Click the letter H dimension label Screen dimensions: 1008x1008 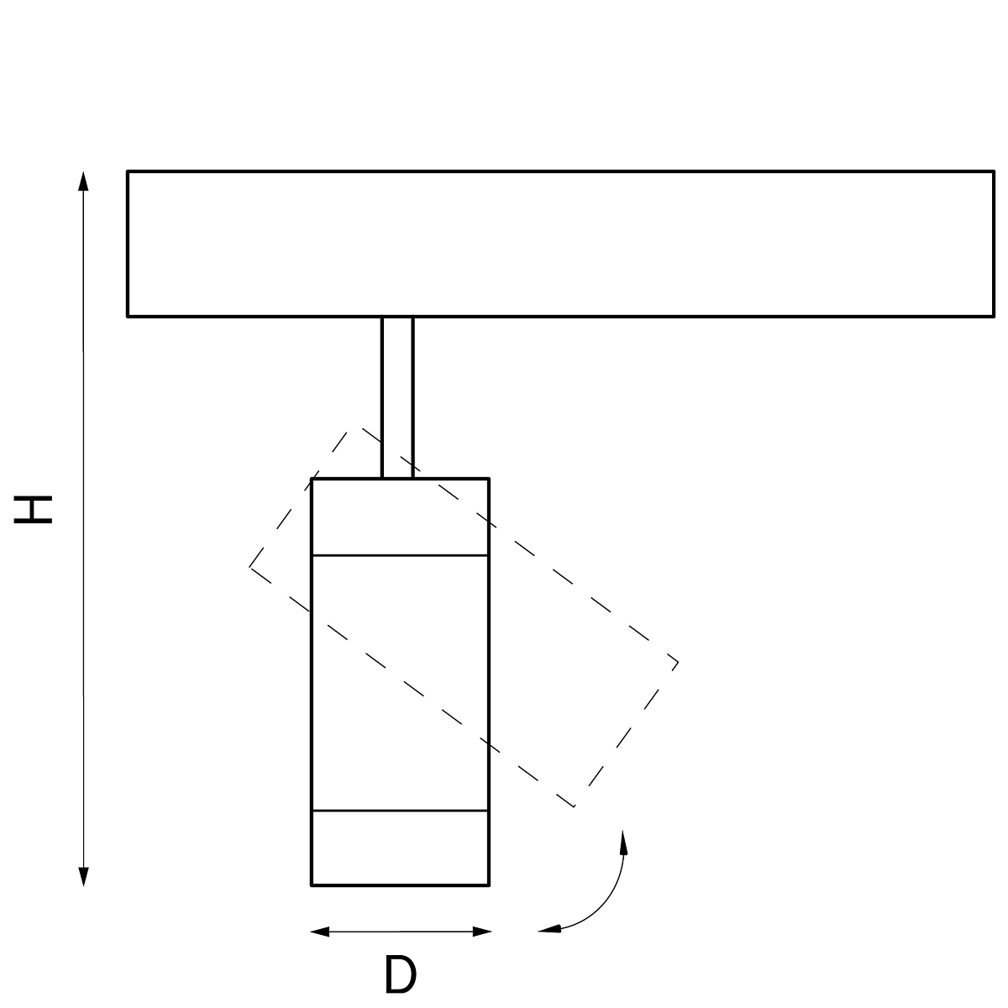click(33, 510)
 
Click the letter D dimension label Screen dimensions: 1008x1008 click(401, 974)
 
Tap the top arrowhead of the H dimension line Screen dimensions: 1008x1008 click(84, 181)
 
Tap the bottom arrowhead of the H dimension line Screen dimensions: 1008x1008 click(84, 877)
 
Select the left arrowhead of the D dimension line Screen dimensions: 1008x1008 click(319, 931)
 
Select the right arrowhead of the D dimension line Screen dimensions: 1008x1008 click(482, 931)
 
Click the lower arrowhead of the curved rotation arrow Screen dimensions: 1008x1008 click(549, 930)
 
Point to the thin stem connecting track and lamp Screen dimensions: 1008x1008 click(397, 397)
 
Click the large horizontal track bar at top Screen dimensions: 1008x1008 click(561, 244)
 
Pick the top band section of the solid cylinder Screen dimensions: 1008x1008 click(400, 517)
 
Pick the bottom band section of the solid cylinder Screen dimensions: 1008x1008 click(400, 848)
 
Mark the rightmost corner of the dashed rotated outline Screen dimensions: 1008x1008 click(679, 663)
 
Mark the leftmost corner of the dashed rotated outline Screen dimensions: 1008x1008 click(249, 566)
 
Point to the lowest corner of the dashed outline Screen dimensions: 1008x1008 click(575, 806)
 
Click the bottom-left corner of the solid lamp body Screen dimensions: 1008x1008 click(312, 885)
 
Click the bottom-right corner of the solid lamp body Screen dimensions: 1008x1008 click(489, 885)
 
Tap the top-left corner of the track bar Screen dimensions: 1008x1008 click(128, 171)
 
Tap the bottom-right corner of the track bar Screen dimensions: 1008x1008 click(994, 317)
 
